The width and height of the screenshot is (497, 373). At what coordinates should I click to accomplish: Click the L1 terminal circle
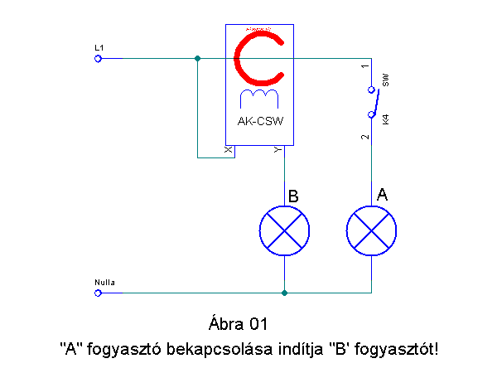click(98, 58)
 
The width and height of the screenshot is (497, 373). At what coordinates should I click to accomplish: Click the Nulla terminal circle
click(98, 293)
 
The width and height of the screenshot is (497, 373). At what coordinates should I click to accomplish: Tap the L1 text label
click(99, 48)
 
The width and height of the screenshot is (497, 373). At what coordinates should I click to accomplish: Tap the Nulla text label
click(105, 283)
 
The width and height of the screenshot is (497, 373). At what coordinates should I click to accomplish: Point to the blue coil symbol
click(259, 99)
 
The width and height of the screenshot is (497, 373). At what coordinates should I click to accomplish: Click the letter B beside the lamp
click(293, 196)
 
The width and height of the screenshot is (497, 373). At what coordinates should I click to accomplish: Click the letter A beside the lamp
click(382, 195)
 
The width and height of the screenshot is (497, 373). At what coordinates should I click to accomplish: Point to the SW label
click(385, 80)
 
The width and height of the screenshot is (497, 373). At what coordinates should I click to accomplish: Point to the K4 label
click(385, 119)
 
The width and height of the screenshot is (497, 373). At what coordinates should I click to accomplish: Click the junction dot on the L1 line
click(197, 58)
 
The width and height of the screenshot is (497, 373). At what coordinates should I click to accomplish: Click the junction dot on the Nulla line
click(284, 293)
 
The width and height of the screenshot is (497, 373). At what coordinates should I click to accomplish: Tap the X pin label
click(229, 150)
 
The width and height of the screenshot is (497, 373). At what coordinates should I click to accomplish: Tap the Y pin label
click(277, 150)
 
